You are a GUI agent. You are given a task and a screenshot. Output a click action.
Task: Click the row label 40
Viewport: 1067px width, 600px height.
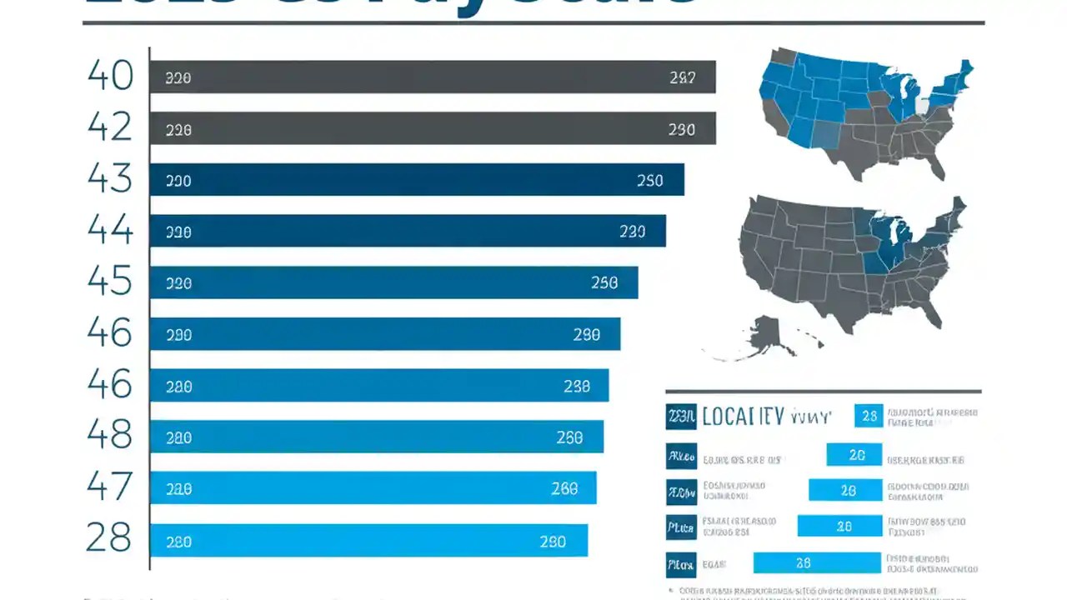pyautogui.click(x=110, y=76)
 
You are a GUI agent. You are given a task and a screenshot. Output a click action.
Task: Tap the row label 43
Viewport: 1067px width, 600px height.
pyautogui.click(x=110, y=179)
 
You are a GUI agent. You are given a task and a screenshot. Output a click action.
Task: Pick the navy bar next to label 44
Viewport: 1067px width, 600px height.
pyautogui.click(x=408, y=231)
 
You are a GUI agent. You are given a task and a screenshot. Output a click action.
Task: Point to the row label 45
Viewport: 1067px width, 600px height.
pyautogui.click(x=110, y=282)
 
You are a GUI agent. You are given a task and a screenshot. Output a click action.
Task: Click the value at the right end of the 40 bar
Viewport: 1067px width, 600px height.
pyautogui.click(x=682, y=78)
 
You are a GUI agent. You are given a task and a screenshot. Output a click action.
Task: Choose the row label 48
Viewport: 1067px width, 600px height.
pyautogui.click(x=110, y=435)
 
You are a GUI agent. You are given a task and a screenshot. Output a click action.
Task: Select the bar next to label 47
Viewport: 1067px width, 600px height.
pyautogui.click(x=373, y=488)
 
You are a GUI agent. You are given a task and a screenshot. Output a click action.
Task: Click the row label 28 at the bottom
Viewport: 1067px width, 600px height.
pyautogui.click(x=109, y=538)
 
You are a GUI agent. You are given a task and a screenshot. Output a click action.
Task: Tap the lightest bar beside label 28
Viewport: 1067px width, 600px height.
pyautogui.click(x=368, y=541)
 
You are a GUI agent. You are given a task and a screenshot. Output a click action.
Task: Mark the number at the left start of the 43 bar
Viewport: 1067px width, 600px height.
pyautogui.click(x=178, y=181)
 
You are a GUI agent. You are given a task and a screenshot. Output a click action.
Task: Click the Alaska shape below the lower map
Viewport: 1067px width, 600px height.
pyautogui.click(x=763, y=337)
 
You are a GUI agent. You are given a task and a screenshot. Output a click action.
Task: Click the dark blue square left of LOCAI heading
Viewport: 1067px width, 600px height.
pyautogui.click(x=680, y=416)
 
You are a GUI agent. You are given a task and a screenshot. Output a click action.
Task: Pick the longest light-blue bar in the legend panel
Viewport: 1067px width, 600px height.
pyautogui.click(x=817, y=563)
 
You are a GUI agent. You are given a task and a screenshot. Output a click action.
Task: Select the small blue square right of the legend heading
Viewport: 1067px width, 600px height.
pyautogui.click(x=869, y=416)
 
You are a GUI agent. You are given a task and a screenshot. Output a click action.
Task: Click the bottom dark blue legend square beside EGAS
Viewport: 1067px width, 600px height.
pyautogui.click(x=680, y=564)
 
